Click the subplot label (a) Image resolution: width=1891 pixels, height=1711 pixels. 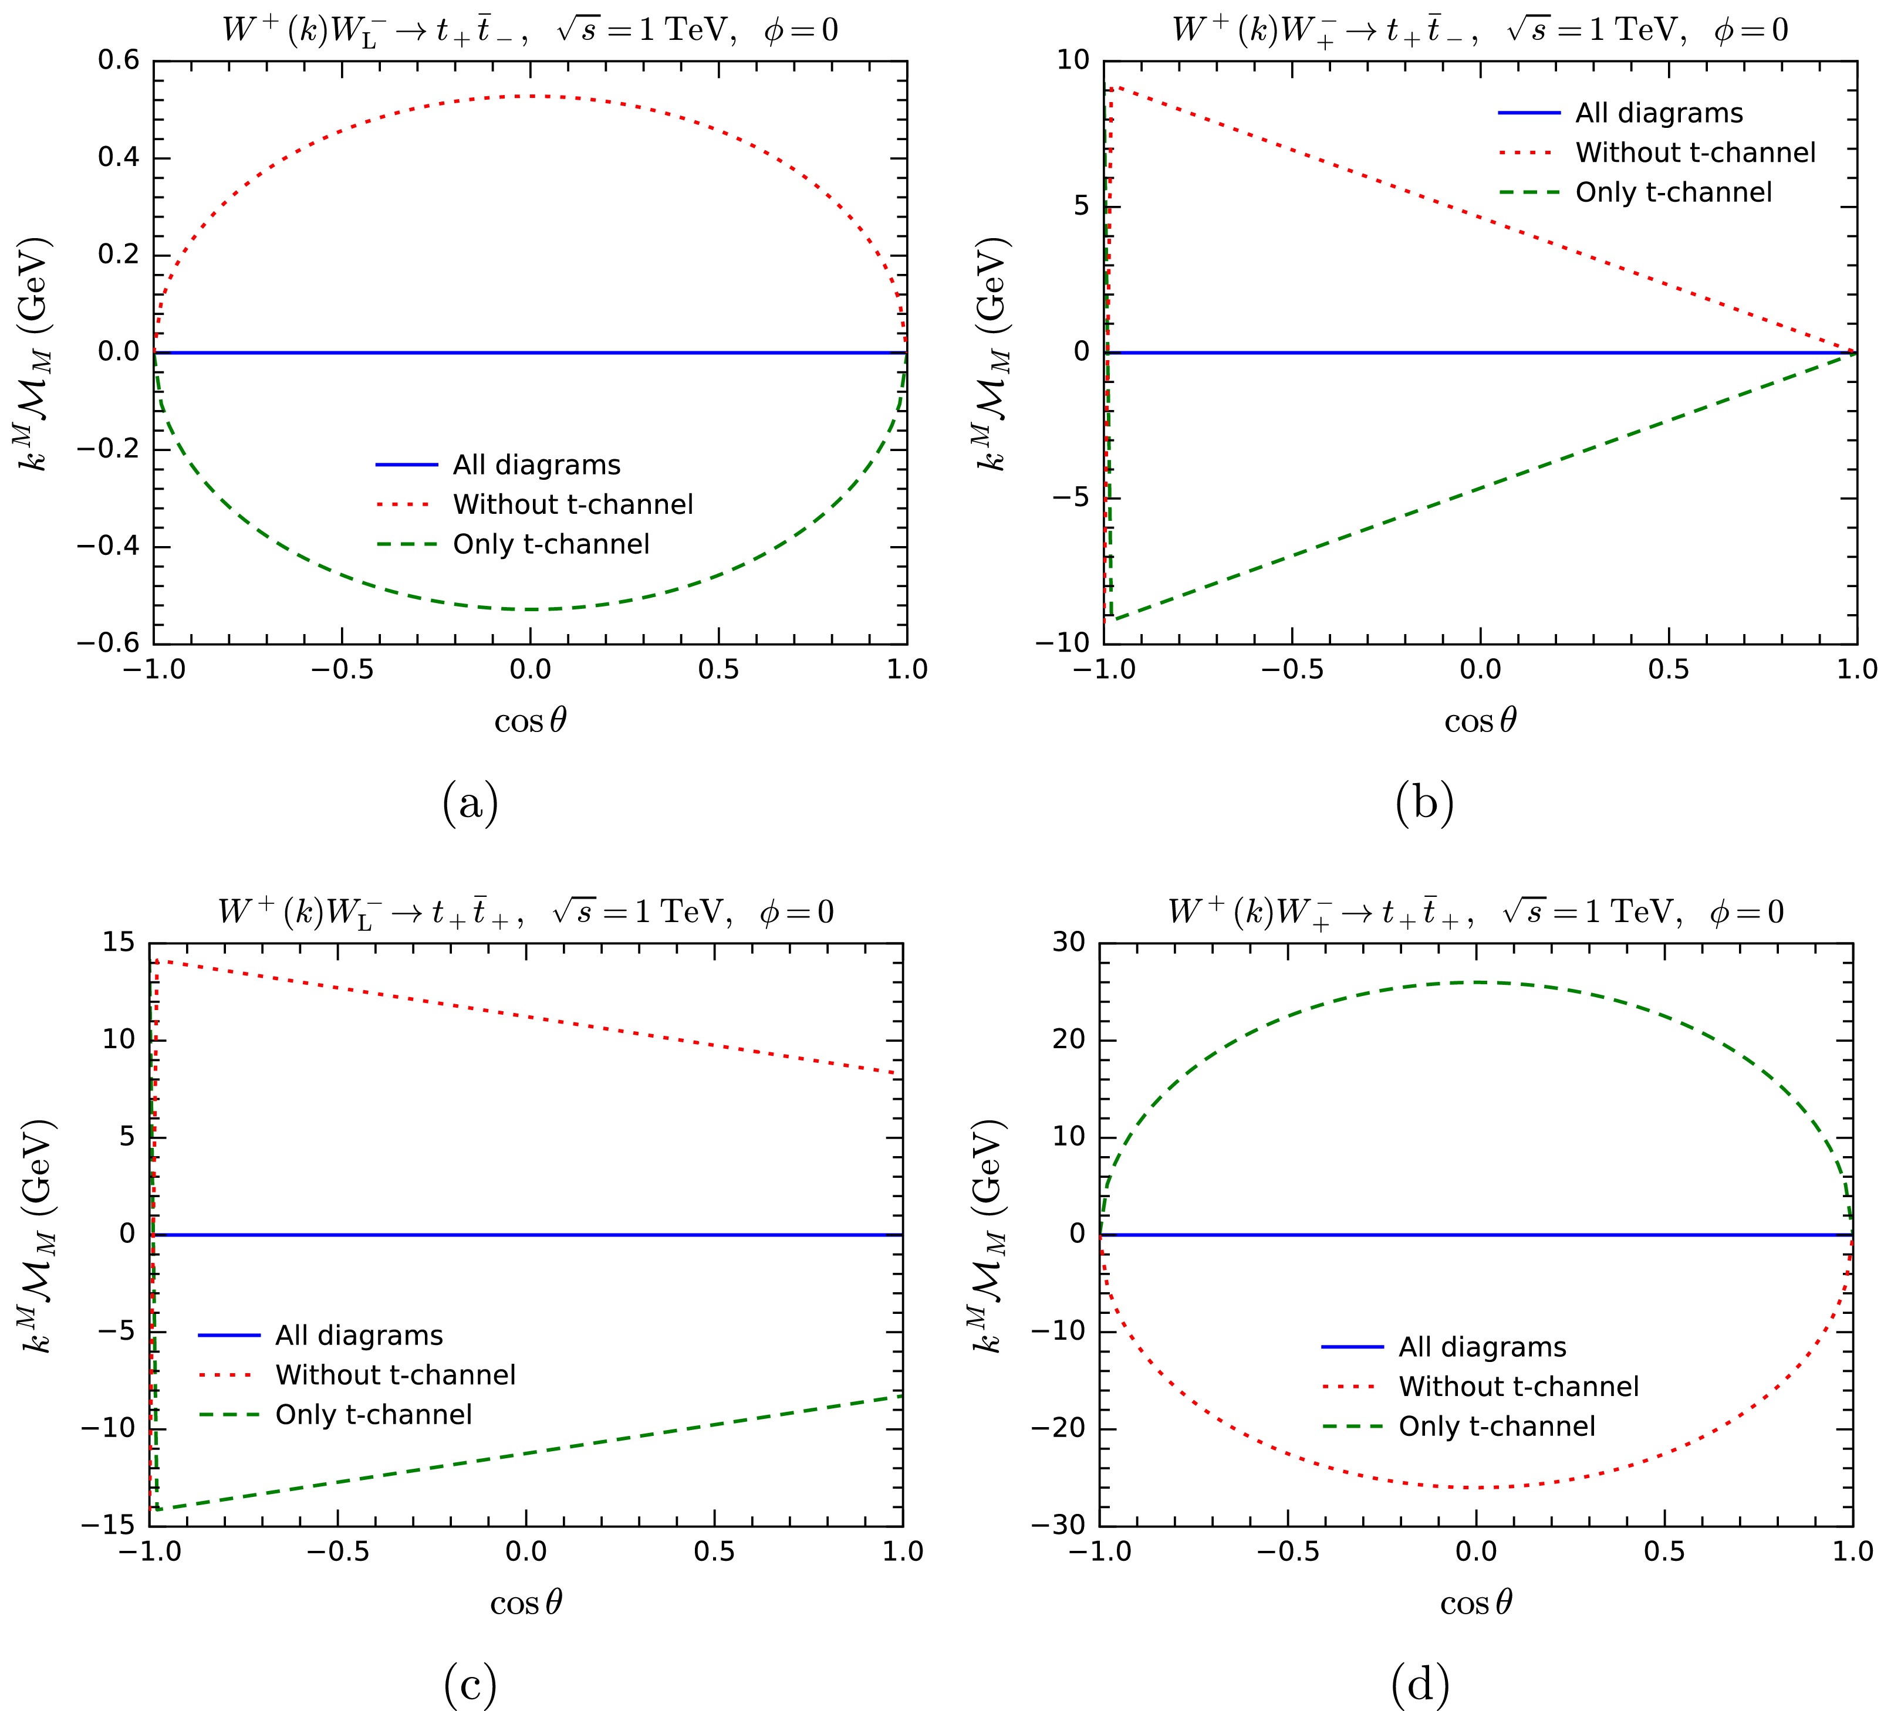(x=470, y=804)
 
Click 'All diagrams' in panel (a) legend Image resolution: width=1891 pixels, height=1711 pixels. (x=536, y=465)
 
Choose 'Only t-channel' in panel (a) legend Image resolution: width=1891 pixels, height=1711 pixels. (x=551, y=545)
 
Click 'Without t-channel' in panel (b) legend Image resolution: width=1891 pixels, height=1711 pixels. (x=1695, y=153)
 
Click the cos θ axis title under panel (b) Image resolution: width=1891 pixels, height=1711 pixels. (x=1480, y=721)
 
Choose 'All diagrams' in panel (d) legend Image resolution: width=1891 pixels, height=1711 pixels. (x=1482, y=1347)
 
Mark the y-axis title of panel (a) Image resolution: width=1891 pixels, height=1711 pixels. (x=39, y=353)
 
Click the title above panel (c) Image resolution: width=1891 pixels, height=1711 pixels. (x=525, y=912)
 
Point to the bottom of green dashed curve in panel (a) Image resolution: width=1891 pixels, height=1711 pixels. (x=530, y=609)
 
